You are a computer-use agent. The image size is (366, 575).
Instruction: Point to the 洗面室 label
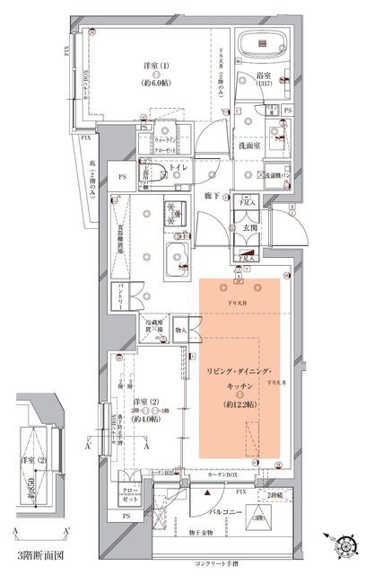(248, 143)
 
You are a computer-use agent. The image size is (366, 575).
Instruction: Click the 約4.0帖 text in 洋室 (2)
(146, 419)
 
